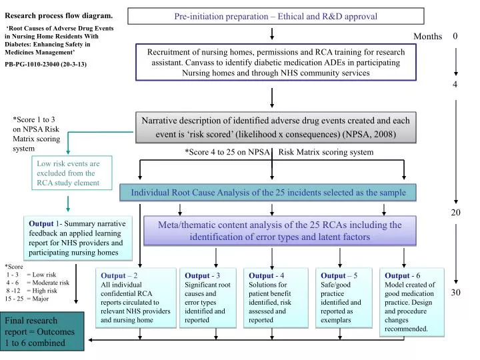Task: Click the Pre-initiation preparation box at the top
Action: coord(275,16)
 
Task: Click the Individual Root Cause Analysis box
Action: coord(268,193)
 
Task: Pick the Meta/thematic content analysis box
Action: coord(279,231)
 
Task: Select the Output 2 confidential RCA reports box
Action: coord(136,297)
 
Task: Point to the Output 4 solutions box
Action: coord(277,297)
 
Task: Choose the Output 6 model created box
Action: coord(411,301)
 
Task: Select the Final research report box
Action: coord(42,331)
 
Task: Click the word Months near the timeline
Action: coord(427,37)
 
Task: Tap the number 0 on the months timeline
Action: coord(455,37)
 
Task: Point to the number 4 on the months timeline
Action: coord(455,85)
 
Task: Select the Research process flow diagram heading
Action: coord(59,15)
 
